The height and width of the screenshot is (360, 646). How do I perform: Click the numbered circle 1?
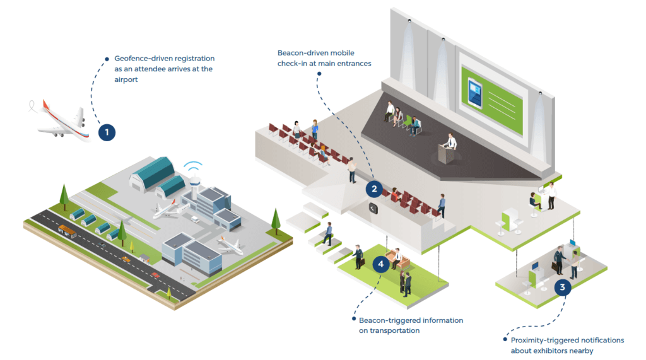(x=107, y=132)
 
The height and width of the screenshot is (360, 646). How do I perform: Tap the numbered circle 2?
(x=374, y=188)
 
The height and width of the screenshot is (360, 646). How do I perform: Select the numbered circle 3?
(x=563, y=287)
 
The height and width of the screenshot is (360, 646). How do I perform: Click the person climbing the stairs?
(x=327, y=234)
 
